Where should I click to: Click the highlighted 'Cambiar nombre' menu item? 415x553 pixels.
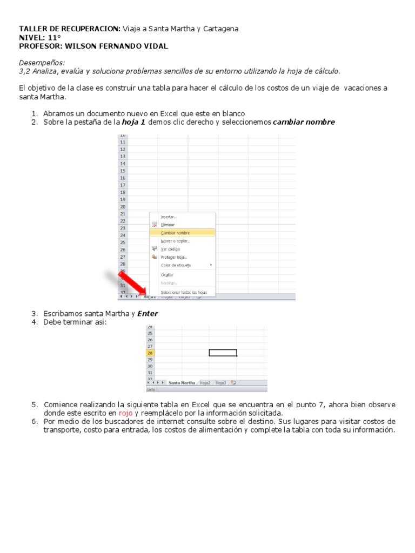pyautogui.click(x=175, y=233)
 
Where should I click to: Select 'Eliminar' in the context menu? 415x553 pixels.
pyautogui.click(x=168, y=225)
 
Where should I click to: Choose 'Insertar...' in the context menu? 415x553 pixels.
pyautogui.click(x=169, y=217)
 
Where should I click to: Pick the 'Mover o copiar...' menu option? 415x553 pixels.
pyautogui.click(x=175, y=241)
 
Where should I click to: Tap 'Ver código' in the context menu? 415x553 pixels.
pyautogui.click(x=170, y=249)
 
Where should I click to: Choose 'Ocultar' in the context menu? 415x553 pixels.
pyautogui.click(x=167, y=275)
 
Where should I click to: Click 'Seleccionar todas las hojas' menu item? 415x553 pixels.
pyautogui.click(x=183, y=292)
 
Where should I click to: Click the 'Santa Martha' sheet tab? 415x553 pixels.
pyautogui.click(x=182, y=383)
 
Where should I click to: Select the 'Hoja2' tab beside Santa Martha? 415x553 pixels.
pyautogui.click(x=205, y=383)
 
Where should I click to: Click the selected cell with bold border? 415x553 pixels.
pyautogui.click(x=223, y=353)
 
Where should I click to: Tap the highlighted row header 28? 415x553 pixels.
pyautogui.click(x=150, y=353)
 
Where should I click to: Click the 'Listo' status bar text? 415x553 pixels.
pyautogui.click(x=151, y=389)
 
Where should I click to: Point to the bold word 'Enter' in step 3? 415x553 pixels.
pyautogui.click(x=148, y=314)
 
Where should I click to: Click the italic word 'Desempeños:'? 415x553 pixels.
pyautogui.click(x=42, y=63)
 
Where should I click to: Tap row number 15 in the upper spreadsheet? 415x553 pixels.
pyautogui.click(x=123, y=171)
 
